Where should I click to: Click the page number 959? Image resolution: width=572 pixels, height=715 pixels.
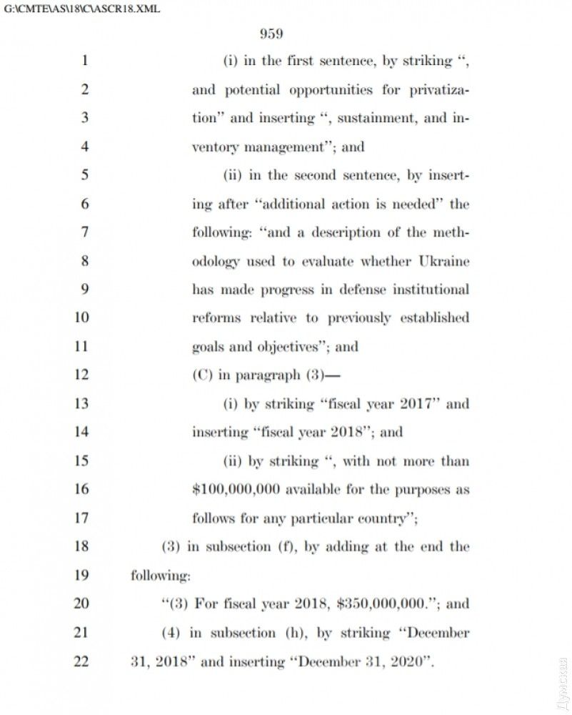[271, 34]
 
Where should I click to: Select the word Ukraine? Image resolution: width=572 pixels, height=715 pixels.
[444, 261]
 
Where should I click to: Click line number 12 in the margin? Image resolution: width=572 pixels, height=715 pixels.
[81, 375]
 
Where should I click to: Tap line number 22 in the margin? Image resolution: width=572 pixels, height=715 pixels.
[81, 661]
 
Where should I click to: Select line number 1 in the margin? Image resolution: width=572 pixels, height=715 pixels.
[84, 61]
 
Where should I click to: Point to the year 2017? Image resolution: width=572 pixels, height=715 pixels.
[413, 404]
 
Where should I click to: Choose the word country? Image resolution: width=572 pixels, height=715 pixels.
[381, 518]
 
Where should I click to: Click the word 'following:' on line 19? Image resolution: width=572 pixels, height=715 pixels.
[161, 576]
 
